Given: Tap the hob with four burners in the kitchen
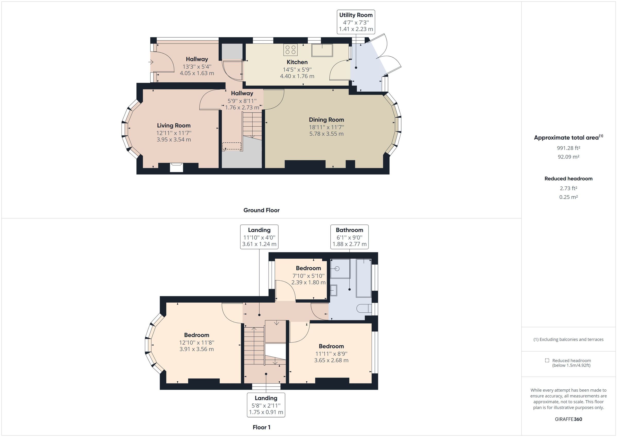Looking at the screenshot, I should (x=290, y=50).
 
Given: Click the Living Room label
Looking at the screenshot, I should (x=174, y=125).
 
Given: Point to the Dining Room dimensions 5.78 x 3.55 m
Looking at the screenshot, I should (x=326, y=134).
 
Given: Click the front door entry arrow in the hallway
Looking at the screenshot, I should (x=151, y=62).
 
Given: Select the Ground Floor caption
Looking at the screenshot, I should (x=261, y=210).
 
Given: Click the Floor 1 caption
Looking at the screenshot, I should (x=261, y=427).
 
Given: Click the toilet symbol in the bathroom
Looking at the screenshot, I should (x=364, y=309).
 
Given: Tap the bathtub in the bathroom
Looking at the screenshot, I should (x=364, y=278).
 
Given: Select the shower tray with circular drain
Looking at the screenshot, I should (x=340, y=268).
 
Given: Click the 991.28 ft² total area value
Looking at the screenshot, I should (x=568, y=148).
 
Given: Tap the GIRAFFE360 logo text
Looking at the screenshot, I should (x=568, y=419).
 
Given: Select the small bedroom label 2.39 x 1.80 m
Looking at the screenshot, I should (x=308, y=282).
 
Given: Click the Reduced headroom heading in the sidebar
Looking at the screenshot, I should (x=568, y=179).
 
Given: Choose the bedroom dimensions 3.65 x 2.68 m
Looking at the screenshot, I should (x=331, y=360).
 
